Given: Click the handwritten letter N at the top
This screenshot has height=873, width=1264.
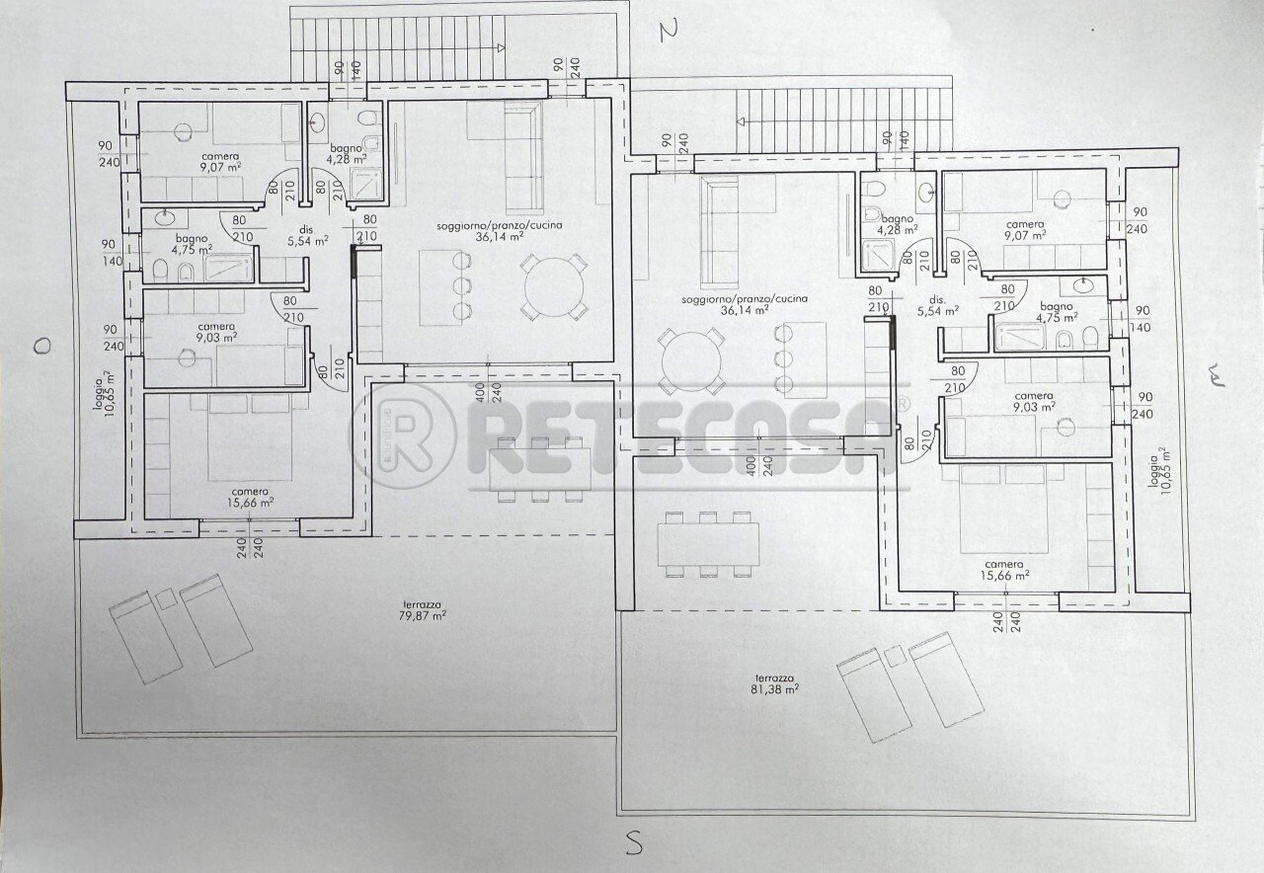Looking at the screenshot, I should [x=671, y=31].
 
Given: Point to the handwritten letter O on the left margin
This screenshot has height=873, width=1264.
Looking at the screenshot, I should [x=40, y=345].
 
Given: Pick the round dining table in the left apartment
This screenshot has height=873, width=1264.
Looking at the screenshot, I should [x=554, y=285].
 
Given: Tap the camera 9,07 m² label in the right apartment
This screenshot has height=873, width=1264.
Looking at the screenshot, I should [x=1025, y=230].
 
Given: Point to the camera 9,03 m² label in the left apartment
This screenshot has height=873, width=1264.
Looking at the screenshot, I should [x=216, y=332].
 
